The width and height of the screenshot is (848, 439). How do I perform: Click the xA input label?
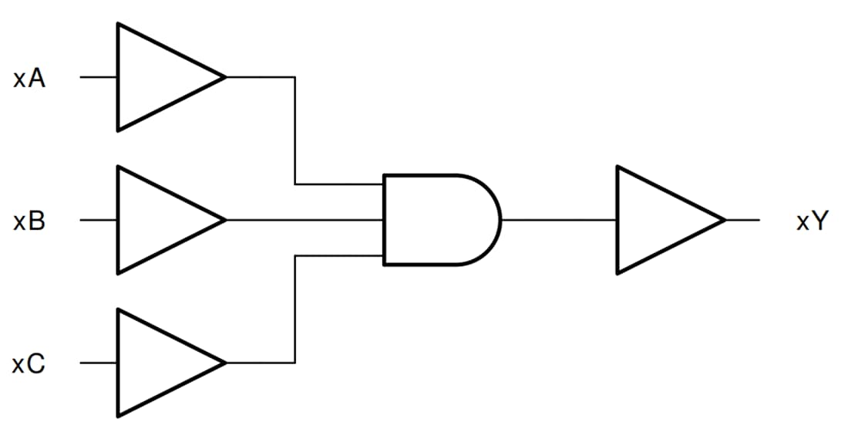click(x=29, y=78)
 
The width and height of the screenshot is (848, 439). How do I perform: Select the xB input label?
click(x=29, y=221)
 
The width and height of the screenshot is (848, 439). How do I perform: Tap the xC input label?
click(x=29, y=363)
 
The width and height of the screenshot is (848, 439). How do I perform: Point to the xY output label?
click(x=812, y=221)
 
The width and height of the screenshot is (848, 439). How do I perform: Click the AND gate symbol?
click(x=436, y=220)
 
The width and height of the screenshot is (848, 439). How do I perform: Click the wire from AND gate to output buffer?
click(x=559, y=220)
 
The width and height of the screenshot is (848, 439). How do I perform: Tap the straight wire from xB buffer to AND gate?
click(x=305, y=220)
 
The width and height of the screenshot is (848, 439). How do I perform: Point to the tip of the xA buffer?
click(x=224, y=77)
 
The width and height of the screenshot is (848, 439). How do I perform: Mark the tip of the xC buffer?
click(x=224, y=363)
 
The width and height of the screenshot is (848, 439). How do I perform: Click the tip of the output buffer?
click(x=724, y=220)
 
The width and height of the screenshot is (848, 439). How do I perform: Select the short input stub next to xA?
click(x=99, y=77)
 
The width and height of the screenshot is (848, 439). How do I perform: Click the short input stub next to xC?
click(x=99, y=363)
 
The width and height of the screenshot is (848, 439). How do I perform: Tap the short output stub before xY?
click(x=742, y=220)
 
